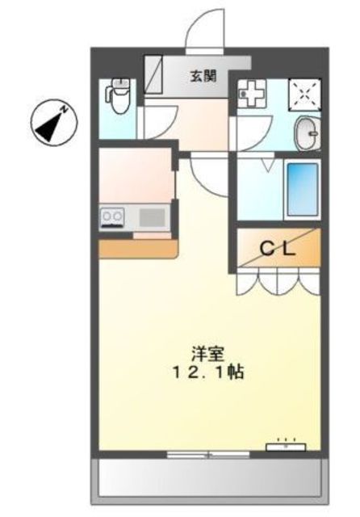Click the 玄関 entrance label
click(203, 77)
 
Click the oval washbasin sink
click(308, 133)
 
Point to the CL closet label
click(278, 249)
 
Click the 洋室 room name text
click(207, 354)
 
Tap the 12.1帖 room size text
click(207, 372)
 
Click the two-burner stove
click(112, 217)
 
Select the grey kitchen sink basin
click(153, 217)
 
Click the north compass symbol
click(54, 122)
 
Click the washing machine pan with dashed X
click(304, 95)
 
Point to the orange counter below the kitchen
click(138, 248)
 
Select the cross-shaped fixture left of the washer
click(253, 94)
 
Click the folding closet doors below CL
click(278, 281)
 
